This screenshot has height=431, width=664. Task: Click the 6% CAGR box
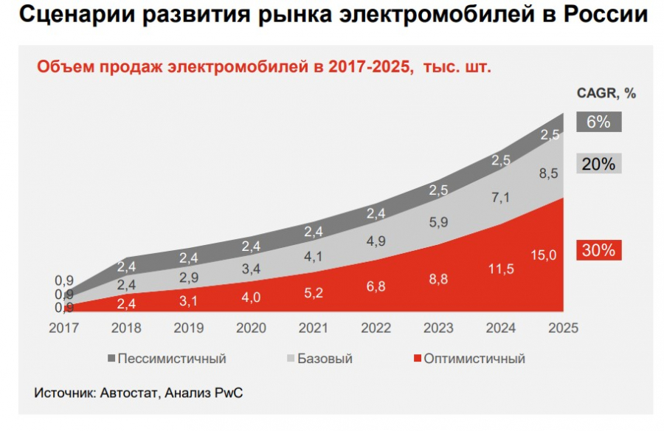[x=598, y=122]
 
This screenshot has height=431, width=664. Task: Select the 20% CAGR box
[x=598, y=164]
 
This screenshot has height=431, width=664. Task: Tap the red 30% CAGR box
[x=598, y=250]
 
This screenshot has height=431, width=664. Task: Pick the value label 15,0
[x=544, y=255]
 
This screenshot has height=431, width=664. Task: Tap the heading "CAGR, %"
[x=605, y=93]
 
